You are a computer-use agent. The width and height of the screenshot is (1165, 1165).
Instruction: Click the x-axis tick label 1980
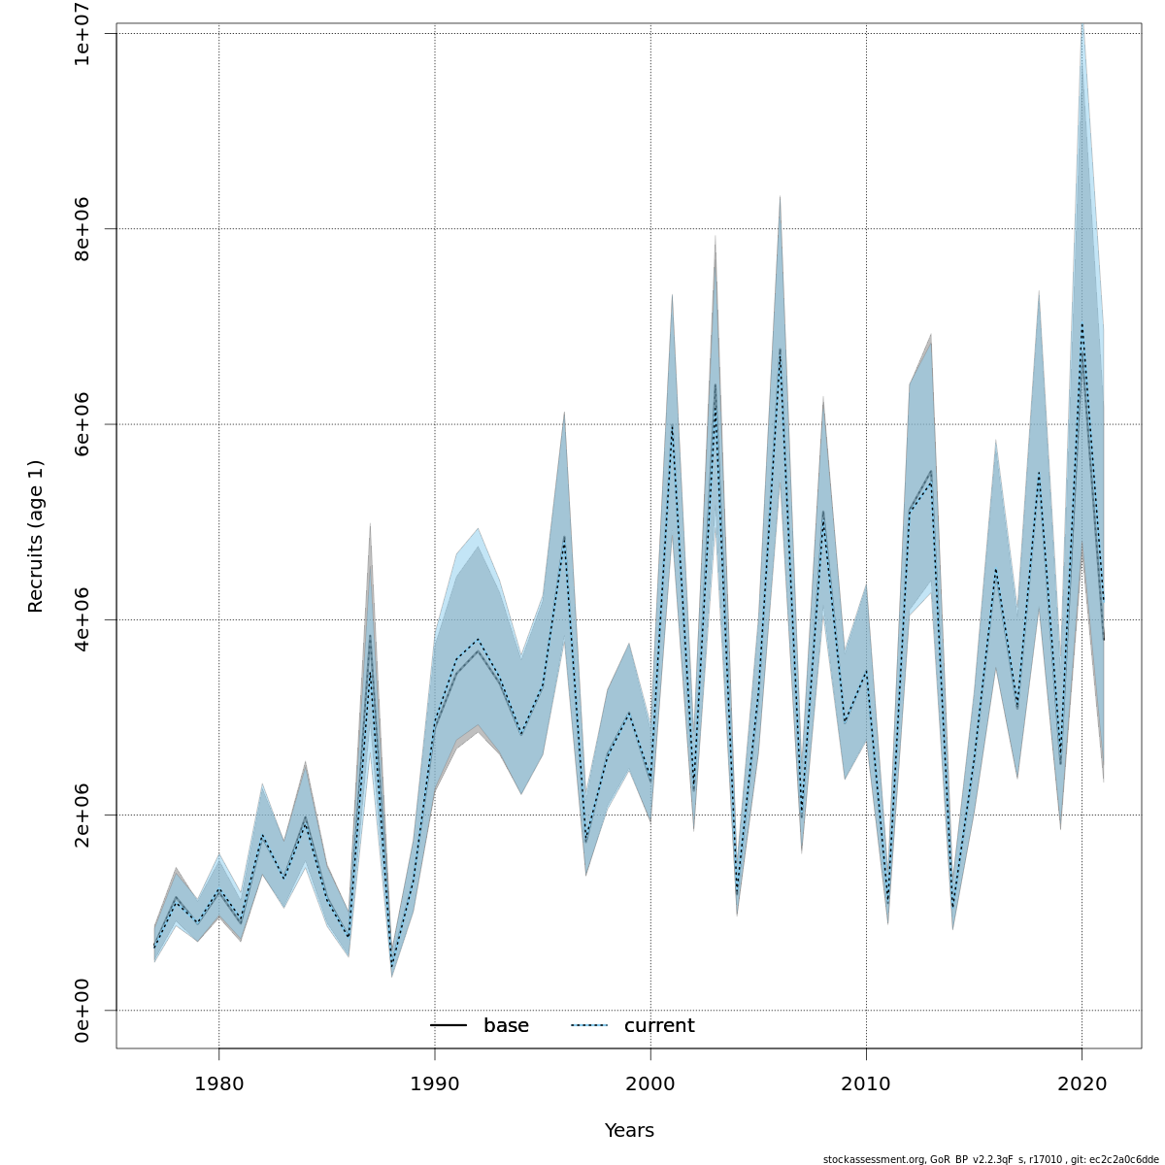coord(218,1082)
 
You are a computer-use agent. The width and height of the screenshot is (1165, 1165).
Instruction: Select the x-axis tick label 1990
coord(434,1082)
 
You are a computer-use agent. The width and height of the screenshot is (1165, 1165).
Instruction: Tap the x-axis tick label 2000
coord(650,1082)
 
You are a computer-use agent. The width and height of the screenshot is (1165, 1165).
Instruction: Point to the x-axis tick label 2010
coord(866,1082)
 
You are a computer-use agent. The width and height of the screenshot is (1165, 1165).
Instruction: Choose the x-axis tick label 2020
coord(1082,1082)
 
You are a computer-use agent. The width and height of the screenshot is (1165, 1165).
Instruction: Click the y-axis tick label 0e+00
coord(83,1011)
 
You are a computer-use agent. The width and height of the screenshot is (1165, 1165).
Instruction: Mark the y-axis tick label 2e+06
coord(83,815)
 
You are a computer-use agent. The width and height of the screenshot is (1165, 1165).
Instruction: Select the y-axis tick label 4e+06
coord(83,619)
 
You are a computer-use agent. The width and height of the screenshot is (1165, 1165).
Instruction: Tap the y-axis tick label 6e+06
coord(83,424)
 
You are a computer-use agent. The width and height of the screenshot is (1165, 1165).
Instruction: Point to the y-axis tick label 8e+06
coord(83,229)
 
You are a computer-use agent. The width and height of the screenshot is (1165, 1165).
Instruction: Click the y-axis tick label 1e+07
coord(83,34)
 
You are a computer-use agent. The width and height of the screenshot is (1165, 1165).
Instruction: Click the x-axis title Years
coord(629,1131)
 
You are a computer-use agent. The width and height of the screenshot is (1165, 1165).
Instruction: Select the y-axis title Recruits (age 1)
coord(36,536)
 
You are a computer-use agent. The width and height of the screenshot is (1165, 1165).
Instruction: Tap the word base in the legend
coord(506,1026)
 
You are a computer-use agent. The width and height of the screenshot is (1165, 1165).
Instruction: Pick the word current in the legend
coord(659,1026)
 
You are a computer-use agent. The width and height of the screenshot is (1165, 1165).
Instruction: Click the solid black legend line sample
coord(449,1026)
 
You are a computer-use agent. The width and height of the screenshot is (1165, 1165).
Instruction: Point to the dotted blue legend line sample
coord(588,1026)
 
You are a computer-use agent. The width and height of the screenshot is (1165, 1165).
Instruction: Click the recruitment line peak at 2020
coord(1082,326)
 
